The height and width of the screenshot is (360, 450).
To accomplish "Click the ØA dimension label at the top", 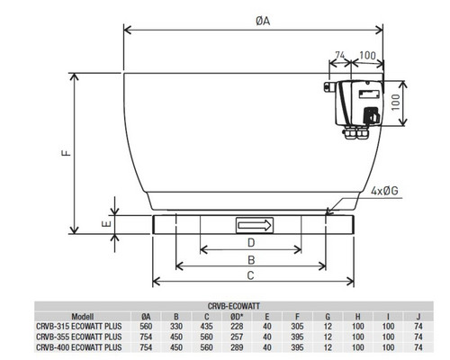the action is point(263,21).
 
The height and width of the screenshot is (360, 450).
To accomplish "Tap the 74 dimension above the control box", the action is point(340,55).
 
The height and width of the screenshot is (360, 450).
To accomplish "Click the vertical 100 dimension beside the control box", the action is point(396,102).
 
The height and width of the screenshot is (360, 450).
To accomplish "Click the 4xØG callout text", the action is point(384,191).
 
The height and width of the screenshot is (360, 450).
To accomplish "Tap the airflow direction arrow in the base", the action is point(255,225).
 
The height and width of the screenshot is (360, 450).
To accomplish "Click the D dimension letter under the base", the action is point(251,242).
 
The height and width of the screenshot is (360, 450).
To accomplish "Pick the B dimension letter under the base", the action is point(251,260).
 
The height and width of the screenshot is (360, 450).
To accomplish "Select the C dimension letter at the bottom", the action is point(250,275).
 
